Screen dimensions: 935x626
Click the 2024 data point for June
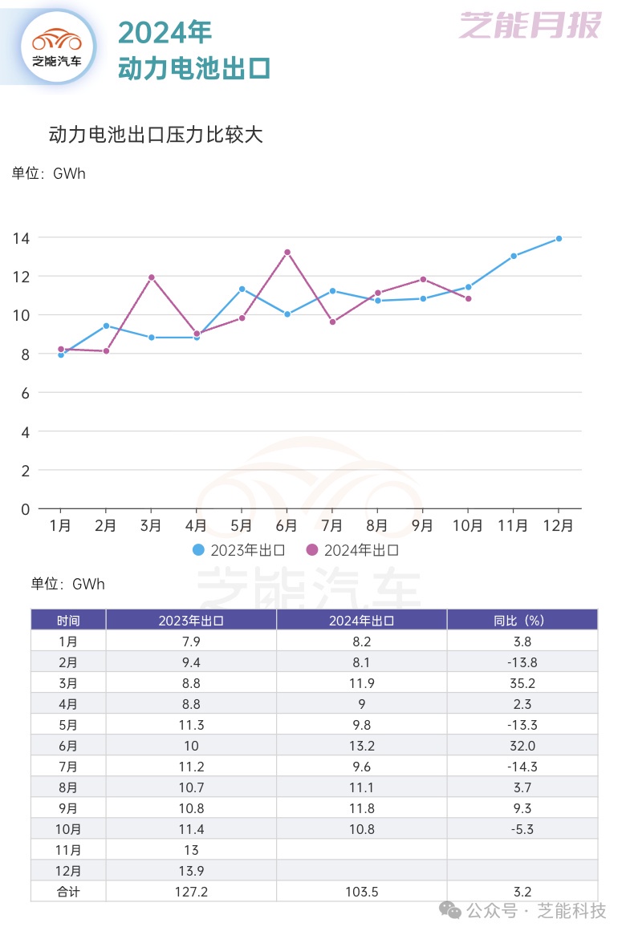287,252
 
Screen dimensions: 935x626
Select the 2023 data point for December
559,238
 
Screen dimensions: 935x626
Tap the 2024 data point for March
151,277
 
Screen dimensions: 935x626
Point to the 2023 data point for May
242,289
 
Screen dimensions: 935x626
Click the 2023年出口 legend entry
240,550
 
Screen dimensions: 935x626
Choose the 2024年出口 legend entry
352,550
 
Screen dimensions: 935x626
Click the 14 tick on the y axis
21,238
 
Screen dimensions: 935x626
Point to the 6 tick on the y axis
25,393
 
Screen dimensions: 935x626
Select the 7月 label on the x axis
331,526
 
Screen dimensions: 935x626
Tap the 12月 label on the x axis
559,526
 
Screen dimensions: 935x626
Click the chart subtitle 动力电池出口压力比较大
156,135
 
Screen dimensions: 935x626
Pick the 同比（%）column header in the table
522,620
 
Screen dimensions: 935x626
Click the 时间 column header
68,620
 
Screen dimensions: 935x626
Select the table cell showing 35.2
522,683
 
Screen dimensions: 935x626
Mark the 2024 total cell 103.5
361,891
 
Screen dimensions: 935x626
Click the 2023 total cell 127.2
190,891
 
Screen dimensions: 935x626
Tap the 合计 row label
68,891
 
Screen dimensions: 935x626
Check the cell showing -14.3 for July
522,767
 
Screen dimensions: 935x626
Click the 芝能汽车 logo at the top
57,46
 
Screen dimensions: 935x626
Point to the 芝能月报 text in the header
530,26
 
